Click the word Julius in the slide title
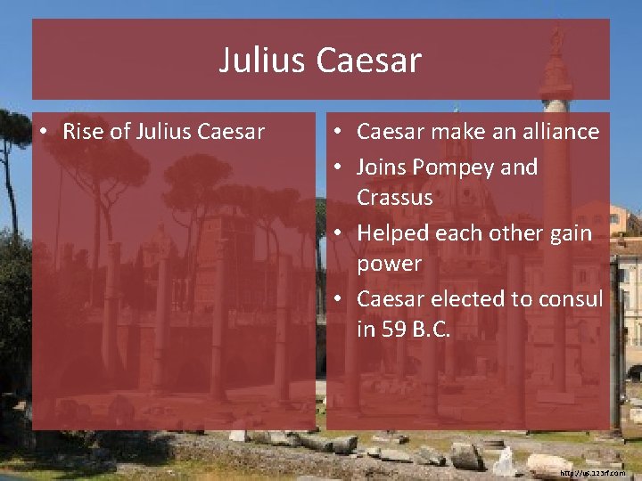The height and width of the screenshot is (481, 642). pos(262,61)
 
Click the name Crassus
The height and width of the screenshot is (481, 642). pos(394,197)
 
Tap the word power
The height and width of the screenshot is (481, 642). pos(389,265)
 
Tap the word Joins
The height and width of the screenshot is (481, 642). pos(382,167)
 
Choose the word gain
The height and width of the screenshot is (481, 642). pos(570,233)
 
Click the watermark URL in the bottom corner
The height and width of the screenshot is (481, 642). pos(593,473)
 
